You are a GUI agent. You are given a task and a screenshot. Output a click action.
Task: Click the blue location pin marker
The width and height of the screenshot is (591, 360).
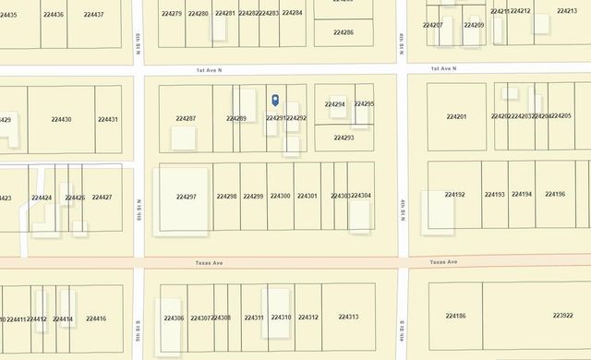[x=274, y=100]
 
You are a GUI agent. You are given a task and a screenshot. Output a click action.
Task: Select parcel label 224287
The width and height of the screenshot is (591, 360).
[x=186, y=118]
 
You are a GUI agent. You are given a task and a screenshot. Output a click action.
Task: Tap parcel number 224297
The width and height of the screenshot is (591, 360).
[x=186, y=197]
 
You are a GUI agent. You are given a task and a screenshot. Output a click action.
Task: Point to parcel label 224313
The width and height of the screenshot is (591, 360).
[x=348, y=318]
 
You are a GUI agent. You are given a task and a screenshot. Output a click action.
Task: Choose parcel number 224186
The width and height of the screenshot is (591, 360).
[x=455, y=316]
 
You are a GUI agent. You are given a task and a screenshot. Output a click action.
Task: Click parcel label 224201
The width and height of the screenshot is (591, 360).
[x=456, y=116]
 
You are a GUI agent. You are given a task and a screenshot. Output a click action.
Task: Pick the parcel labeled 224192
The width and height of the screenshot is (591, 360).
[x=454, y=195]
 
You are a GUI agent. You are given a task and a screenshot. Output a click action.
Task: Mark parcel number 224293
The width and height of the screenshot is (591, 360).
[x=344, y=138]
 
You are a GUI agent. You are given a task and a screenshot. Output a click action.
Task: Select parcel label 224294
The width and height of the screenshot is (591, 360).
[x=334, y=104]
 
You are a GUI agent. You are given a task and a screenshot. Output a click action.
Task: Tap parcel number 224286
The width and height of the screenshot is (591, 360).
[x=343, y=32]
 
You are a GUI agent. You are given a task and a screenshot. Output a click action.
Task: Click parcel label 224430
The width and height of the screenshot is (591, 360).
[x=62, y=119]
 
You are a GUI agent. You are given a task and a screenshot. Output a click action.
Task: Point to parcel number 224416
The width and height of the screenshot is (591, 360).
[x=96, y=318]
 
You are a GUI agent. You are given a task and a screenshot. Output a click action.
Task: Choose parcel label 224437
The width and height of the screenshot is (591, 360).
[x=92, y=15]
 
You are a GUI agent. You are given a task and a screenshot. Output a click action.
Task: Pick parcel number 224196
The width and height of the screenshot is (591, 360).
[x=555, y=194]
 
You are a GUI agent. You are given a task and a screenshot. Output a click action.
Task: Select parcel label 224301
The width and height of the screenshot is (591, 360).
[x=308, y=196]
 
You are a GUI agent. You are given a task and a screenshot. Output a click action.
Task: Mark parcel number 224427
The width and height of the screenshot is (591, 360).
[x=102, y=198]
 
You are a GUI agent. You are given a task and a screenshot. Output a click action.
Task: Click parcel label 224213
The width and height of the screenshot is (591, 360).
[x=567, y=11]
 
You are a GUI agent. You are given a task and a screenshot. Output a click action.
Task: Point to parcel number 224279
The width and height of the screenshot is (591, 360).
[x=171, y=13]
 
